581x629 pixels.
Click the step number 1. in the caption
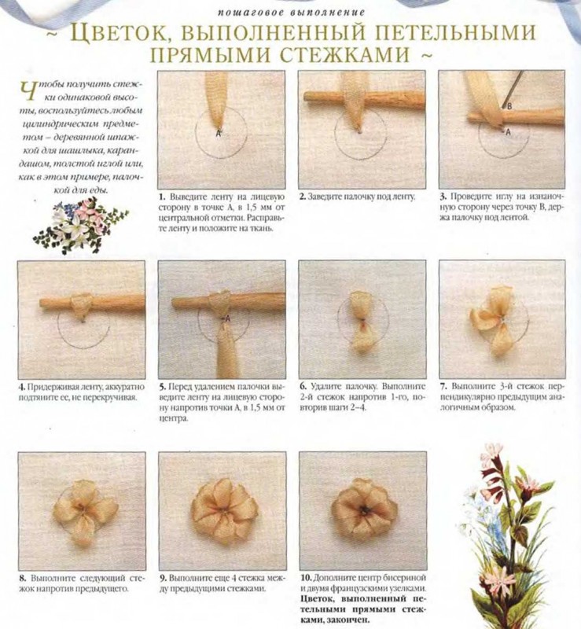coord(162,197)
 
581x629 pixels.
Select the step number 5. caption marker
coord(162,387)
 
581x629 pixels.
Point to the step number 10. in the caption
coord(306,578)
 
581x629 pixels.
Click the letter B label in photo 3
coord(509,106)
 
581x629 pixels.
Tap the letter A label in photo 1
coord(219,134)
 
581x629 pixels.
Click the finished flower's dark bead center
coord(364,510)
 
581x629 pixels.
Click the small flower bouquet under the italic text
coord(80,224)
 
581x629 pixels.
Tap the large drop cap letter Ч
coord(26,91)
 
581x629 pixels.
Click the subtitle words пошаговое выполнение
coord(292,13)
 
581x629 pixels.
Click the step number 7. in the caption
coord(443,387)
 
